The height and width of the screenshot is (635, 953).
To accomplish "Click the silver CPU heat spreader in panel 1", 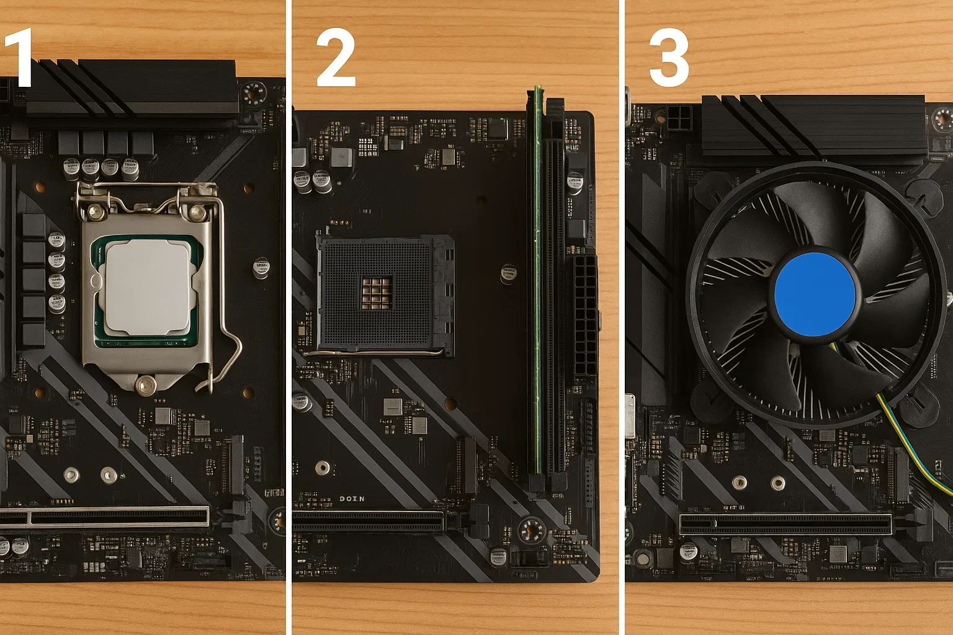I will tap(148, 286).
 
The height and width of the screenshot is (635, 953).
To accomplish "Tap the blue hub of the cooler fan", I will tap(815, 294).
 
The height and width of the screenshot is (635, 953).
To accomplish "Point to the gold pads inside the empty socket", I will tap(377, 293).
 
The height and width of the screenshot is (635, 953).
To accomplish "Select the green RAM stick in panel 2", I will tap(538, 279).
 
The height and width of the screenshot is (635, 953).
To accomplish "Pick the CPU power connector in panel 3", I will tap(680, 118).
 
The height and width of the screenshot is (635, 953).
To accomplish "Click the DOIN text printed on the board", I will tap(352, 499).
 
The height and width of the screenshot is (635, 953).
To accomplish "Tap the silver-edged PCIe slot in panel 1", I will tap(105, 516).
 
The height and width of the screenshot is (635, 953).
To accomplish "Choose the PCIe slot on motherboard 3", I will tap(785, 525).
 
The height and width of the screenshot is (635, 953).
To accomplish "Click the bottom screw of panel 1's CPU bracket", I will tap(146, 385).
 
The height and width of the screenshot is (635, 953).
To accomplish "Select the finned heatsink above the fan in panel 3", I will tap(813, 127).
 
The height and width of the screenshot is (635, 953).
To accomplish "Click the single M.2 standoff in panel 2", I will tap(322, 468).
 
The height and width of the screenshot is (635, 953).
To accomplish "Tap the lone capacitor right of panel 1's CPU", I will tap(261, 268).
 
